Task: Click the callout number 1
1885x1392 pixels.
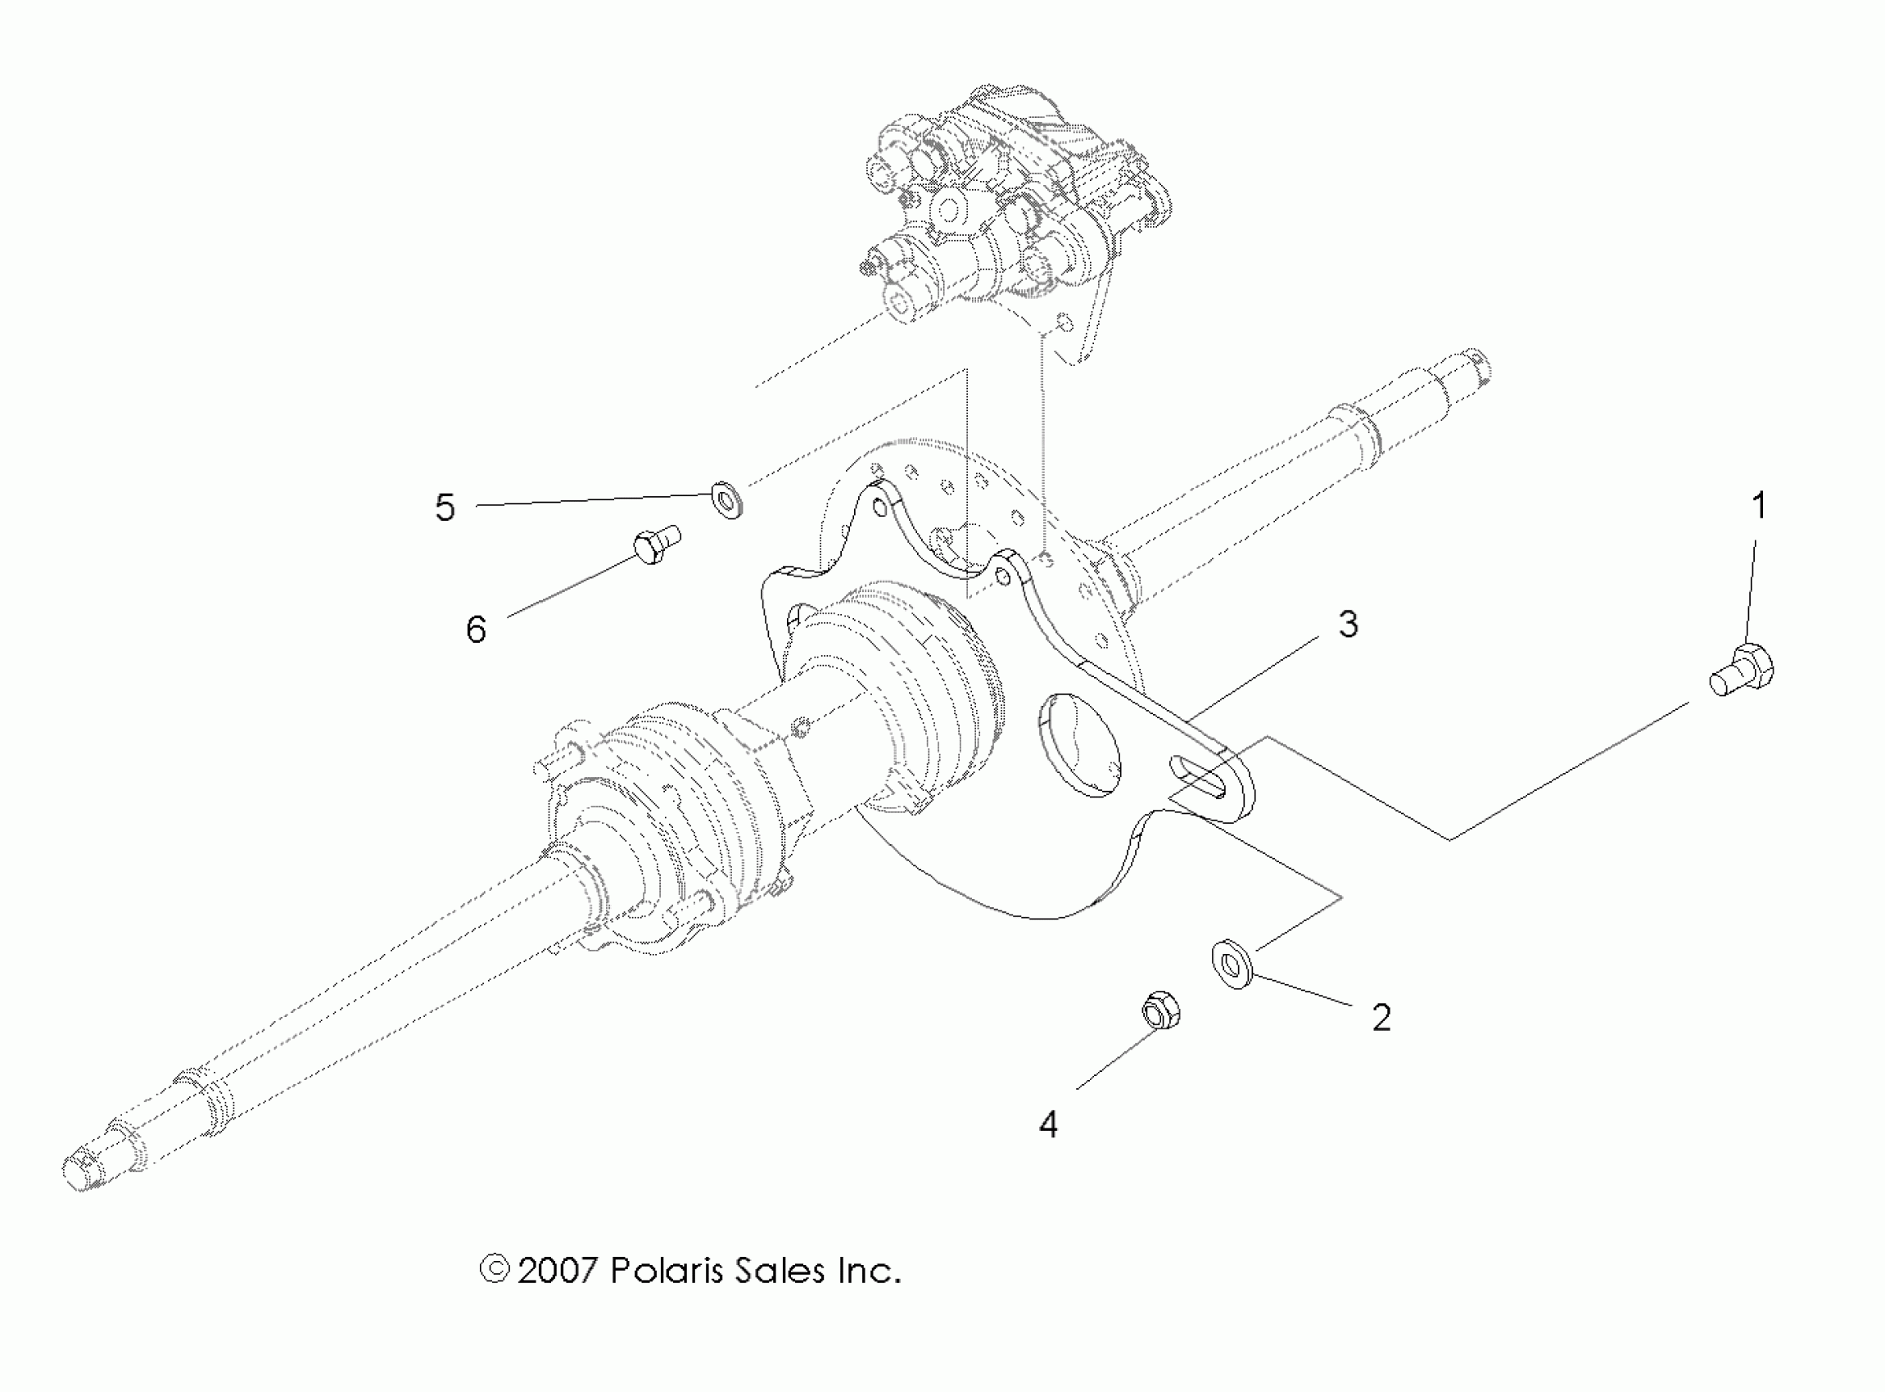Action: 1758,505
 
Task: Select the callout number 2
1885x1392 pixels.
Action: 1381,1018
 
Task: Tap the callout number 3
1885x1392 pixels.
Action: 1348,625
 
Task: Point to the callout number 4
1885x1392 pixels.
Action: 1047,1124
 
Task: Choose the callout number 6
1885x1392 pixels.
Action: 476,630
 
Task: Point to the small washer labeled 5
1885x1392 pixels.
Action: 727,499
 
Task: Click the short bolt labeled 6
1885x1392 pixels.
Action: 656,545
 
